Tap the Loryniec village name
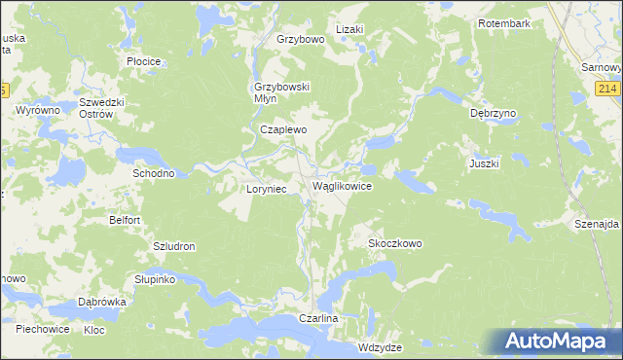(x=266, y=189)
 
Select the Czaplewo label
(x=283, y=129)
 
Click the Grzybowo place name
(x=299, y=40)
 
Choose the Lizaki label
(x=349, y=29)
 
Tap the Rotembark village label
(x=504, y=22)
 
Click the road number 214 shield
(x=608, y=90)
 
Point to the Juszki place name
(x=484, y=163)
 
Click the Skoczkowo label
(x=395, y=243)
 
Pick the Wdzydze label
(x=380, y=346)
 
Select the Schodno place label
(x=153, y=173)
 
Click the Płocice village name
(x=144, y=60)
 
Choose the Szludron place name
(x=174, y=247)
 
